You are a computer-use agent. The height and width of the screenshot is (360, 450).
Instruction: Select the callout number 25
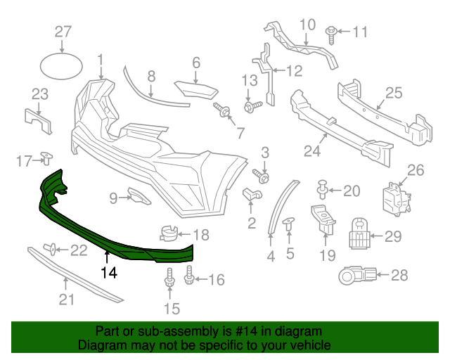point(393,92)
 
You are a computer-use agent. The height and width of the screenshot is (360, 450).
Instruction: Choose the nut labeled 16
point(189,280)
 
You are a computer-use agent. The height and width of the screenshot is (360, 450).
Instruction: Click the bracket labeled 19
point(323,219)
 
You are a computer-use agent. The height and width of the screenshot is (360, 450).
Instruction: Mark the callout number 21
point(66,301)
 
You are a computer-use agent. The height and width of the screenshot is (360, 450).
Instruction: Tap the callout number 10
point(308,25)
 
